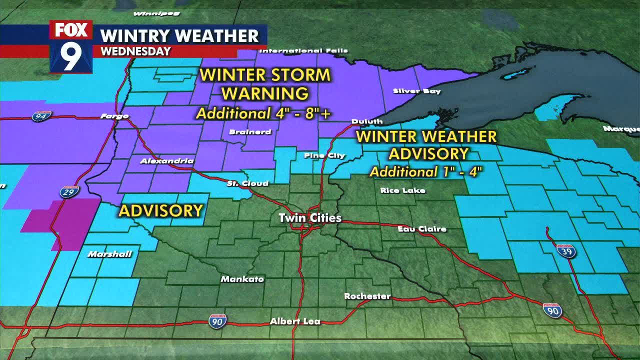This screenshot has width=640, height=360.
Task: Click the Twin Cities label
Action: pos(310,218)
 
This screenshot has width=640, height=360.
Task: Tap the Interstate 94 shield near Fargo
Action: pos(41,116)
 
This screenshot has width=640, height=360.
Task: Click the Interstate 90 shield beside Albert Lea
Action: pos(217,320)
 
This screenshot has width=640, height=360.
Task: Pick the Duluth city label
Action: pos(367,121)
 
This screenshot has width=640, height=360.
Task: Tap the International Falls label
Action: pos(303,50)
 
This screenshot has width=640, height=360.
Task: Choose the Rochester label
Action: pos(367,296)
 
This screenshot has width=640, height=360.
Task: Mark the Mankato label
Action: pos(242,279)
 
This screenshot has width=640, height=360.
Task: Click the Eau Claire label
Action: pos(422,229)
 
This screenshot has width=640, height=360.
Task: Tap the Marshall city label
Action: pos(109,254)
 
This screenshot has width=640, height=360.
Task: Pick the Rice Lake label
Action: pos(402,190)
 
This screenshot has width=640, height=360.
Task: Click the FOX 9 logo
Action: pos(71,46)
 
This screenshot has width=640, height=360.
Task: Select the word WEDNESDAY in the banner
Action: pos(135,51)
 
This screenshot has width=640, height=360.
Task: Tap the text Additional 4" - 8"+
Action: pos(263,113)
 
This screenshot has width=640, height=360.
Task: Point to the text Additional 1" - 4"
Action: pos(426,171)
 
